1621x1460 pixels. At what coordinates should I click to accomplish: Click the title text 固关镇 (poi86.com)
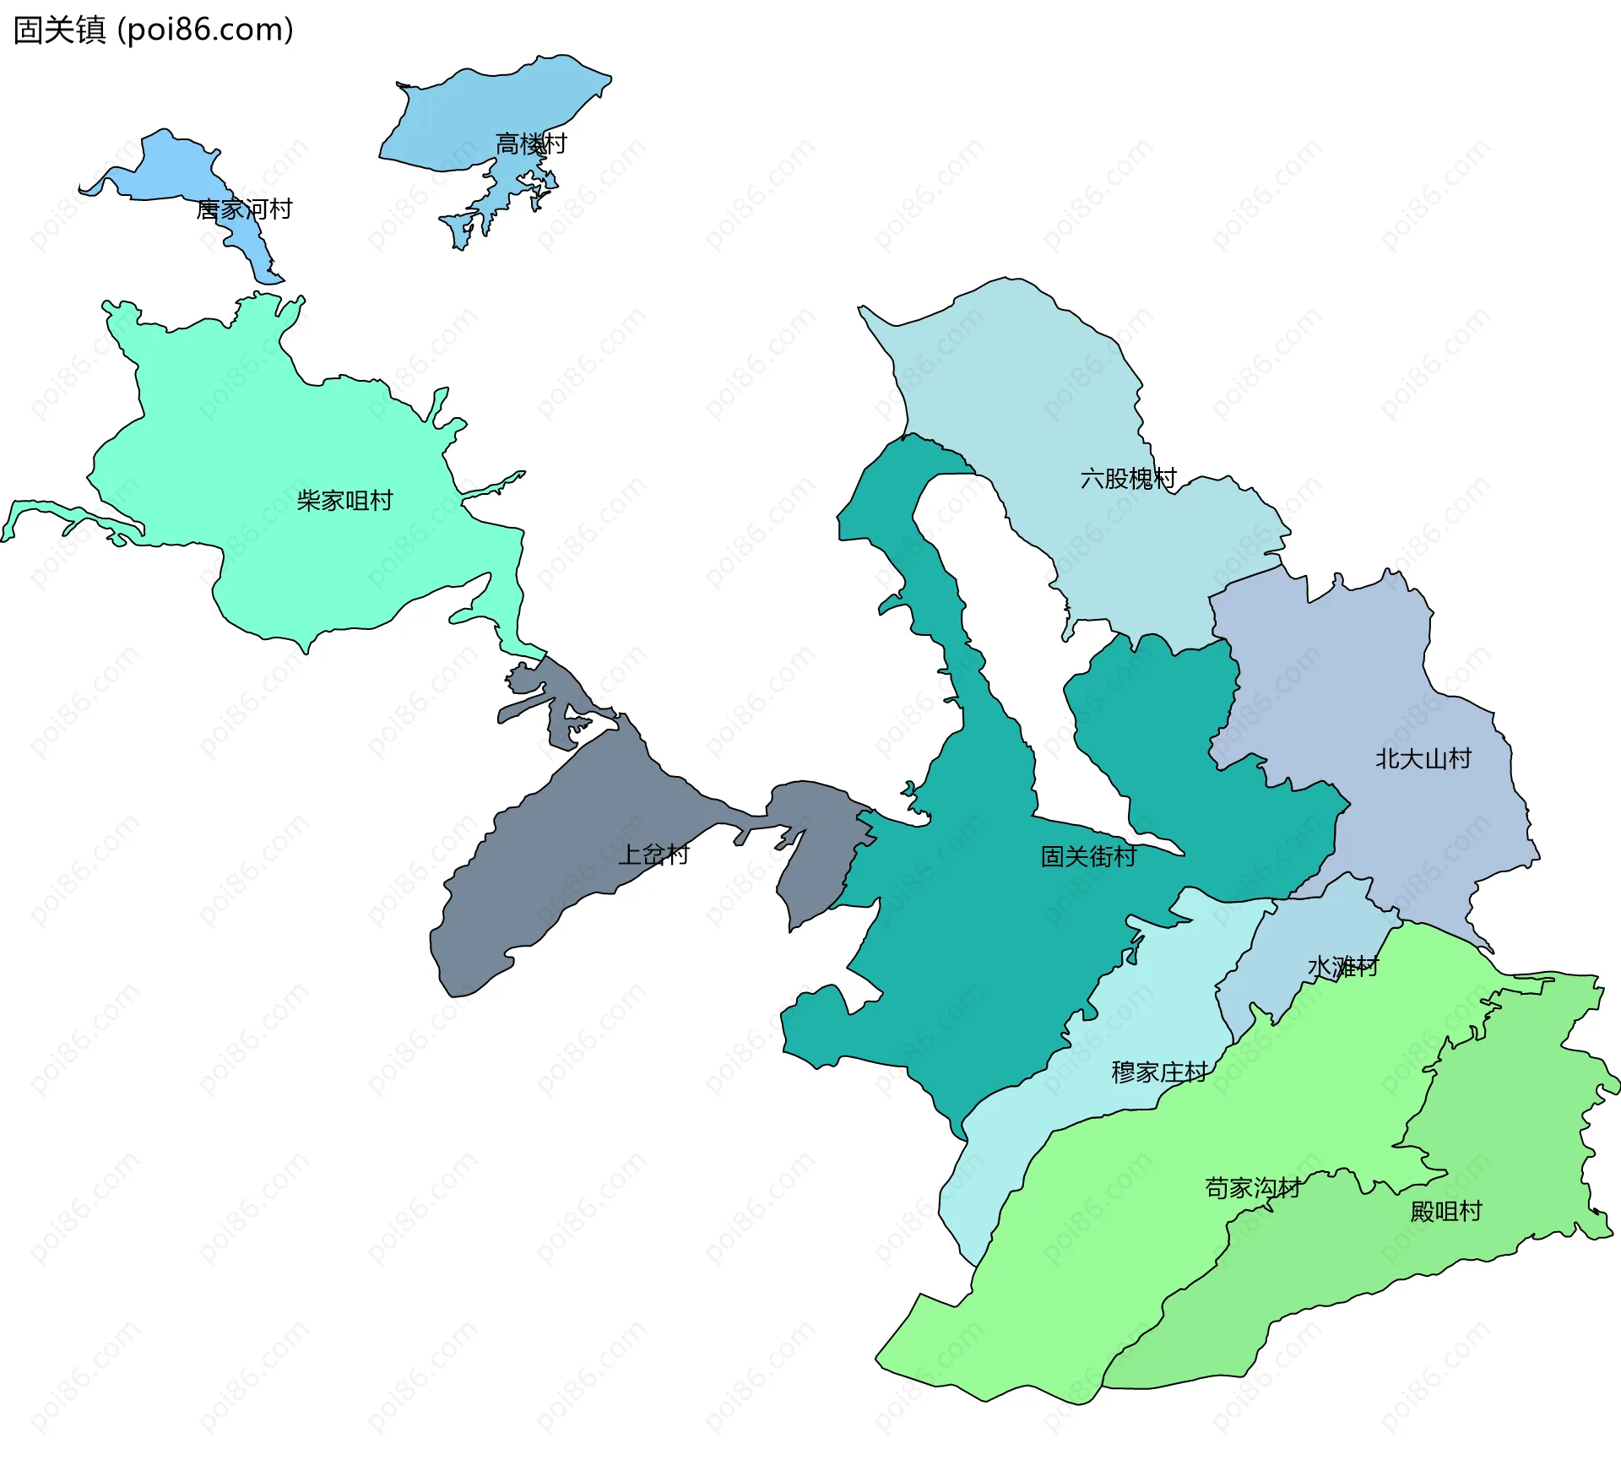click(154, 30)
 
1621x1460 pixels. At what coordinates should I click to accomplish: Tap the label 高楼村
click(530, 144)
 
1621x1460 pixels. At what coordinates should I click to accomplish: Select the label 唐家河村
click(244, 209)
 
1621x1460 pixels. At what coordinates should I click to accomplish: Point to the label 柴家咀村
click(344, 501)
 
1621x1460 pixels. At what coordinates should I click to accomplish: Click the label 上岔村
click(653, 855)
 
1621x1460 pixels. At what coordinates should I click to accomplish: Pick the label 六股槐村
click(1128, 479)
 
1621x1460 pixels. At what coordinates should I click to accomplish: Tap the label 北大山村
click(1423, 759)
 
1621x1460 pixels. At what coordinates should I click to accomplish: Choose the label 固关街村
click(1088, 857)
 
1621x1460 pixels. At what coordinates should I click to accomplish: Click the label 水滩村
click(1342, 966)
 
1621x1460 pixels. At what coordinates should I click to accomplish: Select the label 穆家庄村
click(1159, 1072)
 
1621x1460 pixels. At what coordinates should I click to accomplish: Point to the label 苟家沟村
click(1253, 1189)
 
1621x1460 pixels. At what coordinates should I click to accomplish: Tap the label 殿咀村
click(1446, 1212)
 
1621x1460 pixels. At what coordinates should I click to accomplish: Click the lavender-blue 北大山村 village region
click(1351, 676)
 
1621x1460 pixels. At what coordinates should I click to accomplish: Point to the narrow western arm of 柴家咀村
click(51, 510)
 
